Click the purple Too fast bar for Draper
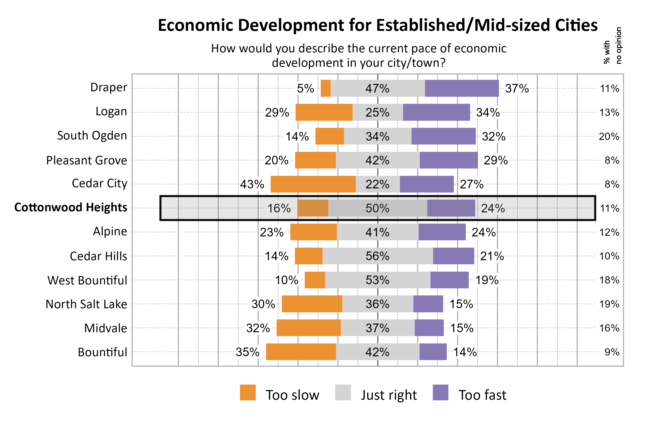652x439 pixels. pyautogui.click(x=462, y=88)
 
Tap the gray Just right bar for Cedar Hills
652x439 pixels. pyautogui.click(x=377, y=256)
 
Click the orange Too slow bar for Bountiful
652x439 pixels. pyautogui.click(x=301, y=352)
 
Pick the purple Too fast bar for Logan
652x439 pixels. pyautogui.click(x=436, y=112)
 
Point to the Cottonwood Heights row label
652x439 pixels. pyautogui.click(x=71, y=207)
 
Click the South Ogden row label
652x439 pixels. pyautogui.click(x=92, y=136)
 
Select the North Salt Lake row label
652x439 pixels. pyautogui.click(x=86, y=304)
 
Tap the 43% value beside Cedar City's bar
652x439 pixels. pyautogui.click(x=252, y=185)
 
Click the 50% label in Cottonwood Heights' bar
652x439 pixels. pyautogui.click(x=377, y=208)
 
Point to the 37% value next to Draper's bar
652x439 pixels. pyautogui.click(x=517, y=88)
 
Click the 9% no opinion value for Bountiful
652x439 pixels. pyautogui.click(x=612, y=352)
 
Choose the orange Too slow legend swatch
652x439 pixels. pyautogui.click(x=248, y=393)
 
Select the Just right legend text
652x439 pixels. pyautogui.click(x=388, y=395)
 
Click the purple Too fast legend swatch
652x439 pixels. pyautogui.click(x=440, y=393)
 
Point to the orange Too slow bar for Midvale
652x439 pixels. pyautogui.click(x=308, y=328)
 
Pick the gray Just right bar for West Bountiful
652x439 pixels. pyautogui.click(x=377, y=280)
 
